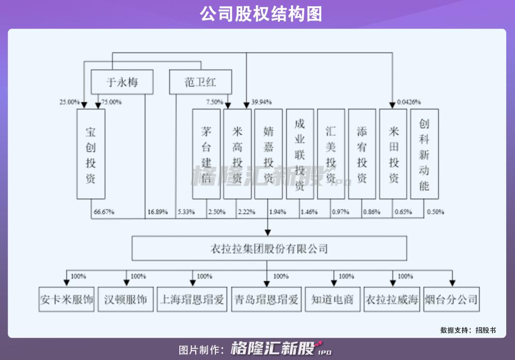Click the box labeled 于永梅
tap(122, 82)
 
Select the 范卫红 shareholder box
tap(200, 82)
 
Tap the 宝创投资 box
tap(91, 154)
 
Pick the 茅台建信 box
tap(206, 154)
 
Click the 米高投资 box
tap(237, 154)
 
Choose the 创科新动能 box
tap(424, 154)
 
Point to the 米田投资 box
tap(393, 154)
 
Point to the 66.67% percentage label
tap(104, 212)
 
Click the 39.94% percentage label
tap(261, 102)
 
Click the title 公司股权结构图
tap(261, 14)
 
